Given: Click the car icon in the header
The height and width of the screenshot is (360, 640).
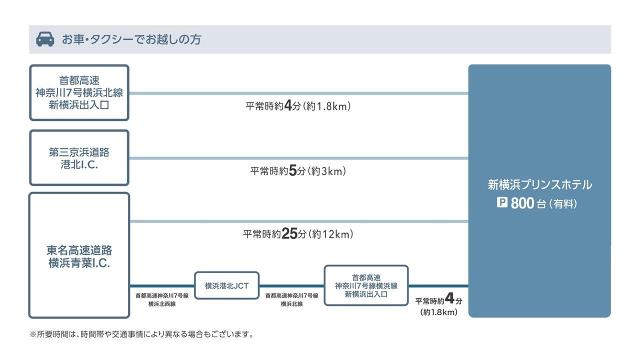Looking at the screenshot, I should (x=45, y=39).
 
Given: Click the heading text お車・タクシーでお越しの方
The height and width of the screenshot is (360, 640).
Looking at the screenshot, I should (x=131, y=39).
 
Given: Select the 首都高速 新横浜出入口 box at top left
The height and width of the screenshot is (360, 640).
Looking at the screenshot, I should (x=79, y=92).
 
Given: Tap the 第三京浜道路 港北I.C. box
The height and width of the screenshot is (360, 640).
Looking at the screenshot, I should (x=79, y=158).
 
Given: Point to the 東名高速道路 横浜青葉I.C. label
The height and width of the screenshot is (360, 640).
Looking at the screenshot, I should (x=79, y=256).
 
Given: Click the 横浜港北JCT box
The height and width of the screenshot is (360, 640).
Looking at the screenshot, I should (x=226, y=286).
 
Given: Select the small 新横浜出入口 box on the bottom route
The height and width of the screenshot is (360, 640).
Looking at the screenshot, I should (x=366, y=285).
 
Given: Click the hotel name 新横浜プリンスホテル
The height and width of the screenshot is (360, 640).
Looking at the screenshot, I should (x=539, y=185).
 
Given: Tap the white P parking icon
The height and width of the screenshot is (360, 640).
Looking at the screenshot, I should (x=502, y=203).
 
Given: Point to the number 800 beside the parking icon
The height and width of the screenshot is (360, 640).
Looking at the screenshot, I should (x=522, y=203).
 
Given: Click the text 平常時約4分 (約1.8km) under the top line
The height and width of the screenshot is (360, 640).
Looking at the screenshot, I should (x=298, y=106).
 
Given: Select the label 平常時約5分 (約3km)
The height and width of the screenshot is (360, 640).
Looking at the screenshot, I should (x=298, y=171).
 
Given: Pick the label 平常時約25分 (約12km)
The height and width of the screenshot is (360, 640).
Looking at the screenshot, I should (x=298, y=234).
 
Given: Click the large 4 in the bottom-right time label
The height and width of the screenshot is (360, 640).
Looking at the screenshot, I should (x=449, y=299).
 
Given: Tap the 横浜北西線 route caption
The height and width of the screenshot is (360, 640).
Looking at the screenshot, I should (x=161, y=303).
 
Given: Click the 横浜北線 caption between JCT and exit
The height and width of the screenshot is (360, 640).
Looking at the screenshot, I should (x=291, y=303).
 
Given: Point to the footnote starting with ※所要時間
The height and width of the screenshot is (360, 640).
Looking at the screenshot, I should (x=141, y=334).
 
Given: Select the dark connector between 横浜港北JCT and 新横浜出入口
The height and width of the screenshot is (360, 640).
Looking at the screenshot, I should (x=291, y=286).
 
